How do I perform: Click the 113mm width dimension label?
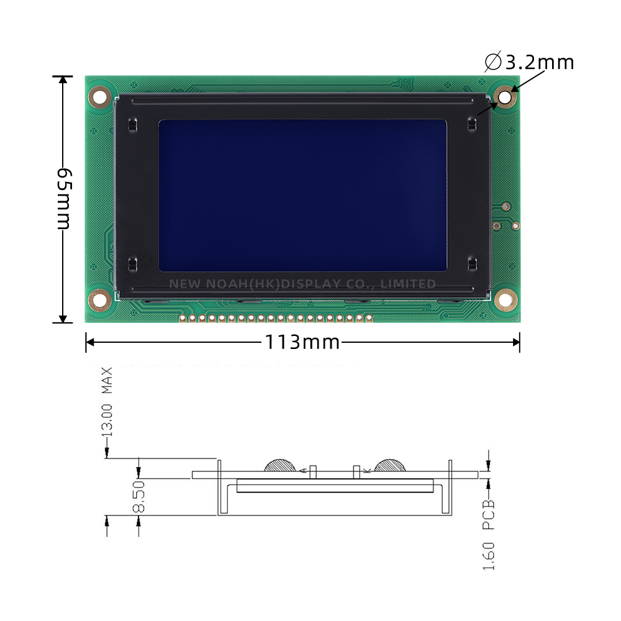(302, 342)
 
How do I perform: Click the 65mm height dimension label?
(63, 198)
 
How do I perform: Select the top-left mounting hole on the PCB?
(99, 96)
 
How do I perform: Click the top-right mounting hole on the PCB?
(505, 97)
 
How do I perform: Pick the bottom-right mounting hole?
(505, 301)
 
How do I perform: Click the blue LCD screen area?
(302, 195)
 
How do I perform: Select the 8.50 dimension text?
(138, 496)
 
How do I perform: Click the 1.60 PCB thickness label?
(489, 534)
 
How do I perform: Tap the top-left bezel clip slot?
(132, 124)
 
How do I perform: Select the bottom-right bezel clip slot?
(472, 264)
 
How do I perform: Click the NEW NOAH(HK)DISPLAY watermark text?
(302, 284)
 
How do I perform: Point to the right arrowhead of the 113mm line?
(515, 342)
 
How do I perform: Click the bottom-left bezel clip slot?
(132, 264)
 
